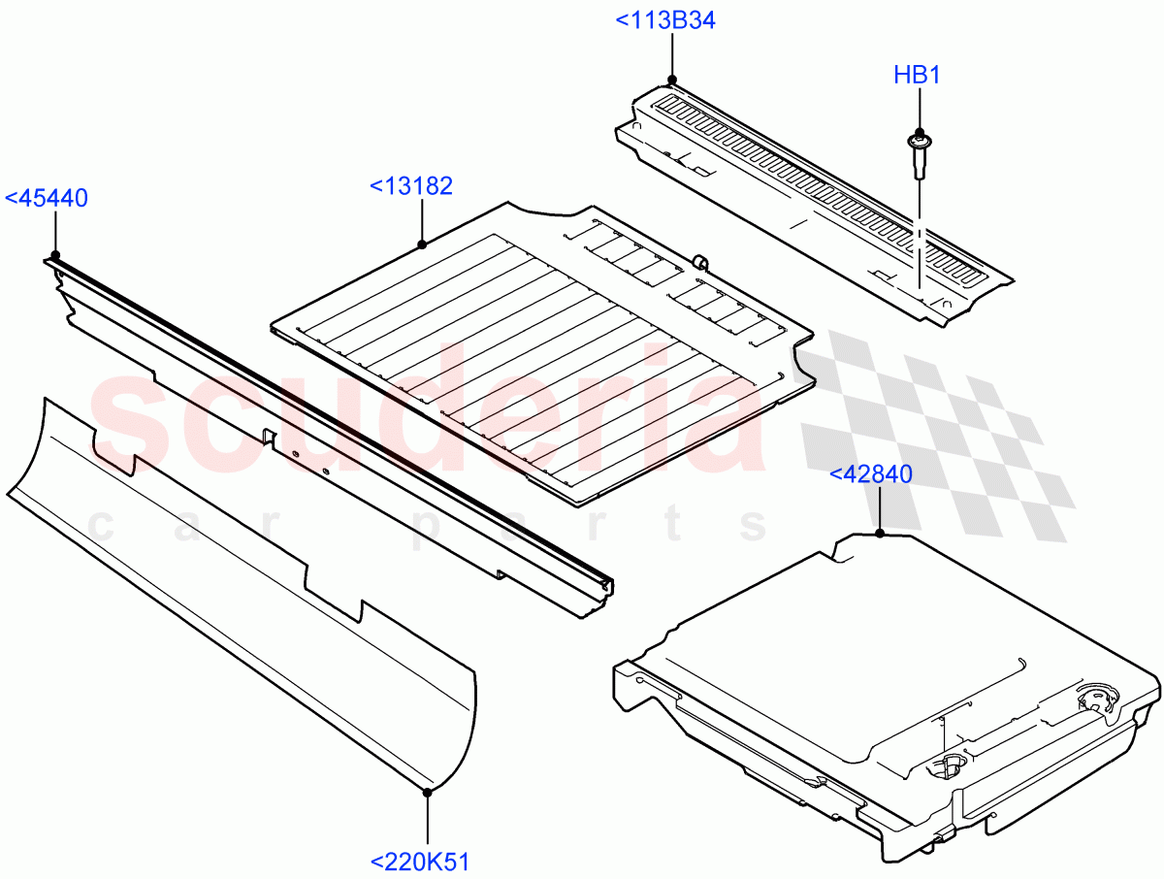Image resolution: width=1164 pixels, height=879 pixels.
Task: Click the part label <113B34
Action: click(x=665, y=20)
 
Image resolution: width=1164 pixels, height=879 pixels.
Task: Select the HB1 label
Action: click(x=917, y=75)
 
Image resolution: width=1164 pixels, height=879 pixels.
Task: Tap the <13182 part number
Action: click(x=411, y=186)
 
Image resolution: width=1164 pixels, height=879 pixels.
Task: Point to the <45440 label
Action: click(x=47, y=199)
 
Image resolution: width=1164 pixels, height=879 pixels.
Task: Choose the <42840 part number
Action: click(x=870, y=474)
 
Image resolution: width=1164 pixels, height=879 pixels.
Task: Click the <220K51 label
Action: click(x=420, y=861)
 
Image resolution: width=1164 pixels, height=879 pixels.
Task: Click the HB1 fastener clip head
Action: click(x=916, y=143)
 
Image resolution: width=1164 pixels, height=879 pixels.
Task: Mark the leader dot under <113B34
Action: click(x=671, y=80)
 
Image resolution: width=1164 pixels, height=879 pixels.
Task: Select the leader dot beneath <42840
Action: click(x=879, y=534)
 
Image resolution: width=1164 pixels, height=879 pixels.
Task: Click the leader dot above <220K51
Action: click(x=427, y=792)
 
